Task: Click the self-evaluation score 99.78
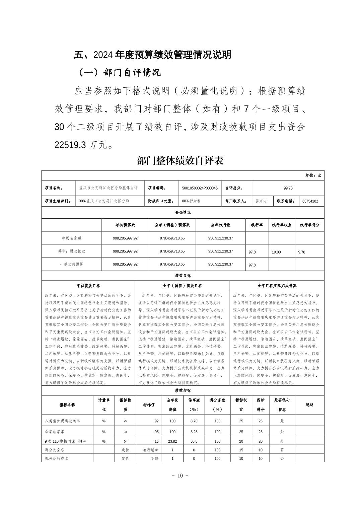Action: click(288, 188)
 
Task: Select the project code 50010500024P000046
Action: click(200, 188)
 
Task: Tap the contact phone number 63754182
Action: click(310, 201)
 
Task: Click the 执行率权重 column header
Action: click(281, 225)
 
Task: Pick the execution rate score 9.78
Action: click(301, 252)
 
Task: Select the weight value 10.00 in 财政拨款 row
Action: click(276, 252)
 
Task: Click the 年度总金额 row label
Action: click(71, 238)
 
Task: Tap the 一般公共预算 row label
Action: click(71, 264)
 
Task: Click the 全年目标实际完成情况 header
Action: click(277, 286)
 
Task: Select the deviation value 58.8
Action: click(194, 441)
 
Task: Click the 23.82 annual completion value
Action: click(172, 441)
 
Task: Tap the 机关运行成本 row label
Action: click(56, 458)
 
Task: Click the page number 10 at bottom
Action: click(180, 476)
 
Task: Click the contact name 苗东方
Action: click(261, 201)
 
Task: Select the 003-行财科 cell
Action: click(191, 201)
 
